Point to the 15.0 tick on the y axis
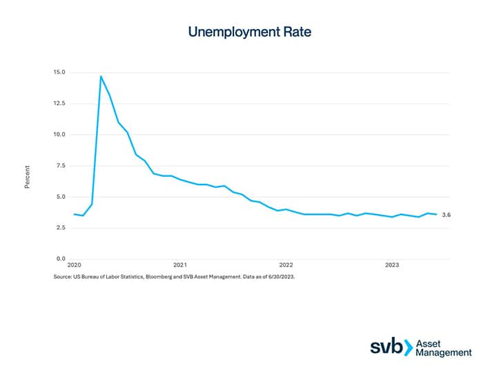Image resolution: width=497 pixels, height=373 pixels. point(59,73)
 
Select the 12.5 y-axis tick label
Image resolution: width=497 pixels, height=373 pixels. point(59,104)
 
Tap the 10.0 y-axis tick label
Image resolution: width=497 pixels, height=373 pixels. point(59,135)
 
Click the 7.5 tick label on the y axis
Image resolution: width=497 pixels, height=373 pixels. point(61,166)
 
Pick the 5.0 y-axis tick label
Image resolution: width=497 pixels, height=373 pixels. point(61,197)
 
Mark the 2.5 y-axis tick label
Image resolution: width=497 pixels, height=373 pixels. point(61,228)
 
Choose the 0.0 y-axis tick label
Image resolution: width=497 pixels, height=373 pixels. point(61,259)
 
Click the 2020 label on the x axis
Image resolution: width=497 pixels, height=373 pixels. point(75,265)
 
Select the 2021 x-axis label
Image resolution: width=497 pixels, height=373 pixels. point(180,265)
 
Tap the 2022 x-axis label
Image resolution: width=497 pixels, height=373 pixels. point(286,265)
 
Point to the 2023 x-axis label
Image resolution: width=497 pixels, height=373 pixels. point(391,265)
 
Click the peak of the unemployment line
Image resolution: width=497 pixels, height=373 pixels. point(101,76)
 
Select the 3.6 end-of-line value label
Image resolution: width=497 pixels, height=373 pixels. point(446,216)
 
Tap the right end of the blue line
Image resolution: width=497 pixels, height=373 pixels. point(436,214)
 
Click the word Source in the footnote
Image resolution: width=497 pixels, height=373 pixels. point(64,276)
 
